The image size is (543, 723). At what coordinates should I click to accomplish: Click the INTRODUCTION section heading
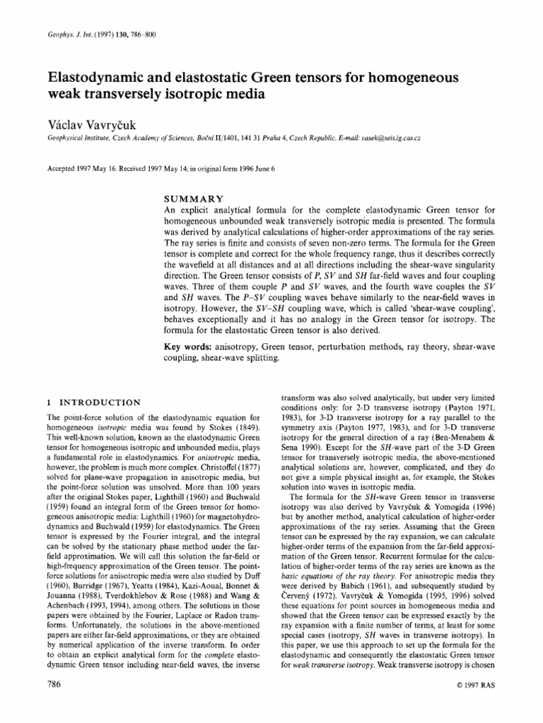[95, 403]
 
